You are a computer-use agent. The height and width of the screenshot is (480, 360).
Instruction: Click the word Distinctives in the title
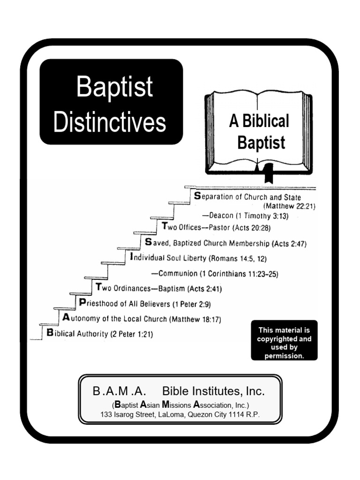pyautogui.click(x=110, y=122)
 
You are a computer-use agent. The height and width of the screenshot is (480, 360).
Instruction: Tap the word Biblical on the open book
pyautogui.click(x=265, y=121)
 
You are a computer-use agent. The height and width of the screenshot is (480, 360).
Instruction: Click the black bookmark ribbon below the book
pyautogui.click(x=269, y=174)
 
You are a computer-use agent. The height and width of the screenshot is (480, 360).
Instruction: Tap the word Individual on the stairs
pyautogui.click(x=147, y=258)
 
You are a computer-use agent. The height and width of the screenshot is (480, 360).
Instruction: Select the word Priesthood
pyautogui.click(x=100, y=303)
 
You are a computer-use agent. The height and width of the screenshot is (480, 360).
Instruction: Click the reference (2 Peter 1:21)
pyautogui.click(x=131, y=334)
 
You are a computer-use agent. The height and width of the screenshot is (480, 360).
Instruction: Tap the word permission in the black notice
pyautogui.click(x=284, y=356)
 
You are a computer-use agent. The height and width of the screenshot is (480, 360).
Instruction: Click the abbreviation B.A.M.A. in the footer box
pyautogui.click(x=119, y=391)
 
